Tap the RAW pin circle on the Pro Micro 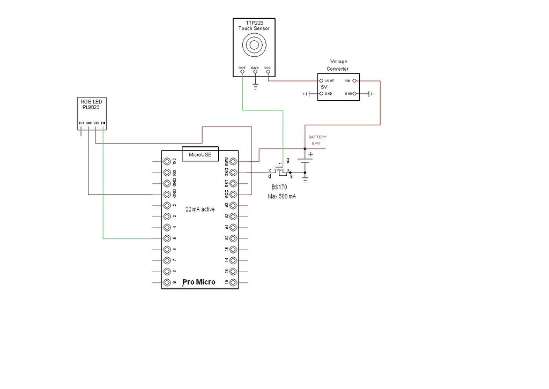point(233,161)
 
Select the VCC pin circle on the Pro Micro point(233,194)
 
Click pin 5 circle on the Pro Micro point(167,238)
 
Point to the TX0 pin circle point(167,161)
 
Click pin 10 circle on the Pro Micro point(233,282)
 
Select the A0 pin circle point(233,238)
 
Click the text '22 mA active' point(200,210)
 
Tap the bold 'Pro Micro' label point(199,282)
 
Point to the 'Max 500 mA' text point(282,197)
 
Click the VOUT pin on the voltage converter point(321,81)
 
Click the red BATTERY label point(317,137)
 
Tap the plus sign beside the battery point(310,154)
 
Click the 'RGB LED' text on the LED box point(90,102)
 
